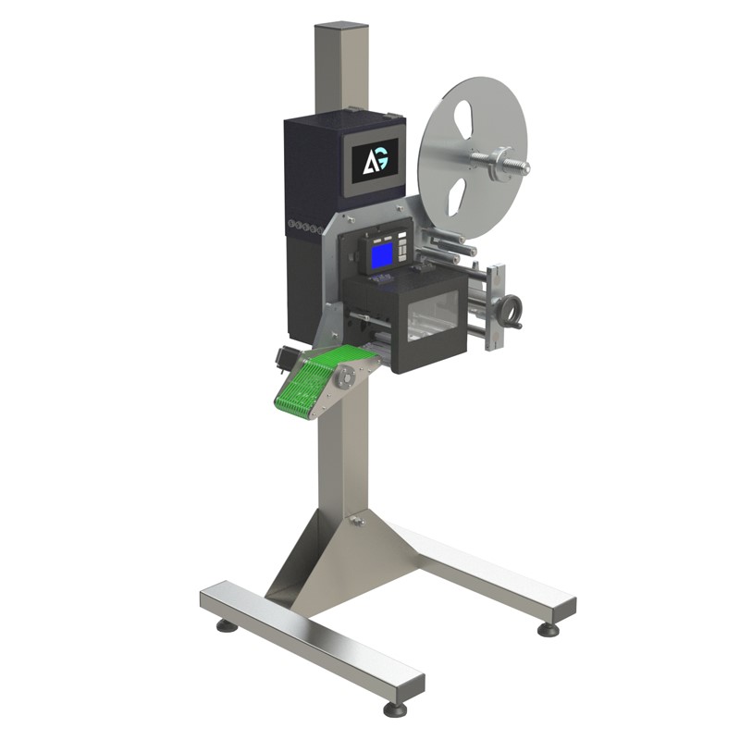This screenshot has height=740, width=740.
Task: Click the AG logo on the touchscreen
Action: [x=376, y=162]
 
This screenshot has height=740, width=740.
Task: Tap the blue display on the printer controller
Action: [x=383, y=256]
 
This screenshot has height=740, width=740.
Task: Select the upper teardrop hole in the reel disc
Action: [x=465, y=120]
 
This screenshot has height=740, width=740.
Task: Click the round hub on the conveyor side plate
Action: [x=344, y=379]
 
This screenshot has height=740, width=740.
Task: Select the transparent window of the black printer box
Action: [x=433, y=317]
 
